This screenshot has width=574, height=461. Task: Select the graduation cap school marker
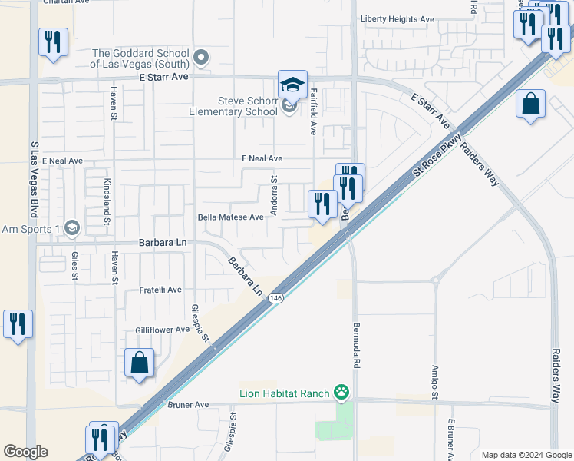point(292,85)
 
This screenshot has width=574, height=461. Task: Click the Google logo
point(25,452)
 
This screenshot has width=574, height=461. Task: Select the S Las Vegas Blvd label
point(34,177)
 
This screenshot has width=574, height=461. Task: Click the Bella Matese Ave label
point(231,217)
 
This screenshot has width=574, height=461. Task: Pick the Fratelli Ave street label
point(160,290)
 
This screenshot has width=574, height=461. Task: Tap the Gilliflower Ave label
point(162,330)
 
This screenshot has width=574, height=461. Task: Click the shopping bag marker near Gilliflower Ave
point(139,363)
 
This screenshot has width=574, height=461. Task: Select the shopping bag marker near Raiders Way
point(531,104)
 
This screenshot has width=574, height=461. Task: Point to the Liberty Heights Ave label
point(398,19)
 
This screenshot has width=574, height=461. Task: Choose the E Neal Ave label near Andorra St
point(262,158)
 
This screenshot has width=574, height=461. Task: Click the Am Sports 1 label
point(31,229)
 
